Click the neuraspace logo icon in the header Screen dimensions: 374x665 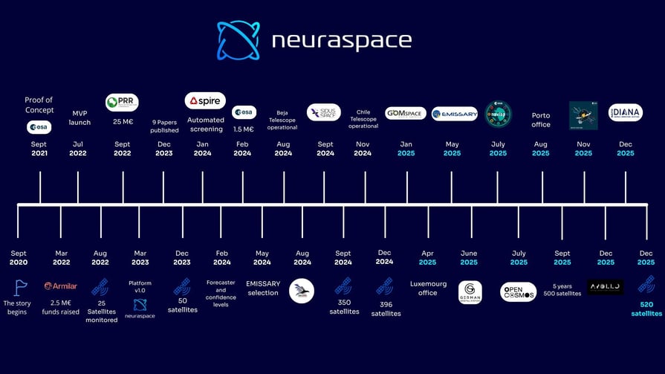tap(239, 40)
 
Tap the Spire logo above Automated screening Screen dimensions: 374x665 tap(205, 100)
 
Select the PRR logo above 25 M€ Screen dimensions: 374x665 tap(122, 102)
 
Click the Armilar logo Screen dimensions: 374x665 tap(61, 286)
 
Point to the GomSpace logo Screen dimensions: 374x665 tap(406, 113)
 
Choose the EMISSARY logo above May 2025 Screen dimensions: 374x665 tap(454, 114)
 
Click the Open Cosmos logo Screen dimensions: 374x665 tap(518, 291)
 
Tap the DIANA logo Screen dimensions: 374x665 tap(625, 113)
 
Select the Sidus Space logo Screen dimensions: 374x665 tap(324, 112)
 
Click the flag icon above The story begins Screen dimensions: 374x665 tap(20, 286)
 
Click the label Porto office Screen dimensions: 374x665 tap(541, 120)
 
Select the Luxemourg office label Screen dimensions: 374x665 tap(427, 288)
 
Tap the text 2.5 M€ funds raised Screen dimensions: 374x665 tap(61, 307)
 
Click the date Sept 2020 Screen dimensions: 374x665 tap(19, 257)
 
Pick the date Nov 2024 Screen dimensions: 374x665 tap(363, 149)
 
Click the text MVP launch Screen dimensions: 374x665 tap(80, 117)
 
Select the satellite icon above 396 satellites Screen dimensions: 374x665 tap(384, 286)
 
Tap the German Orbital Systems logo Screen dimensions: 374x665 tap(470, 291)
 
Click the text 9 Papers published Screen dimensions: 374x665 tap(163, 126)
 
